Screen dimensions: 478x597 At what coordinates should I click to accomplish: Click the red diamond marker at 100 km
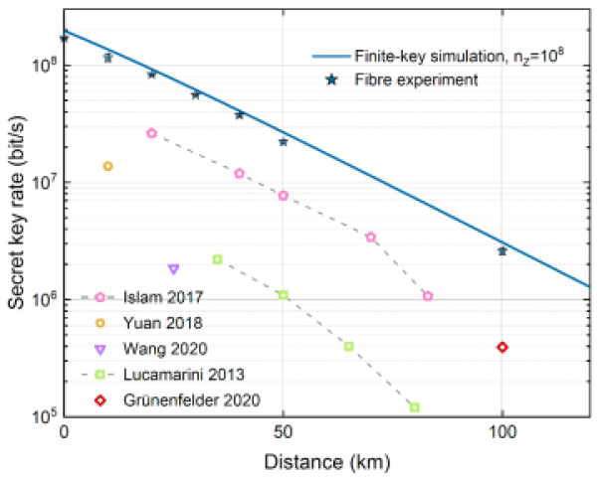[502, 347]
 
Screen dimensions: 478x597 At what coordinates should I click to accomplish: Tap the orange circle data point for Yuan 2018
[107, 166]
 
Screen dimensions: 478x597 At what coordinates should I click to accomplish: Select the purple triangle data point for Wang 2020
[173, 268]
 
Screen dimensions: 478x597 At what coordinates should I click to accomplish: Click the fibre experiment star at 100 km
[502, 250]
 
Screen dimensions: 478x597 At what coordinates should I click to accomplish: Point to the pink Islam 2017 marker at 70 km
[371, 237]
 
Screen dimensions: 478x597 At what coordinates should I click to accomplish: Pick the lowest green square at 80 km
[415, 407]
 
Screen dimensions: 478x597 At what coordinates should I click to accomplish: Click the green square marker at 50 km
[284, 295]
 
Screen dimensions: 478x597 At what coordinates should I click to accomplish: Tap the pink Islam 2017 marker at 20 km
[151, 133]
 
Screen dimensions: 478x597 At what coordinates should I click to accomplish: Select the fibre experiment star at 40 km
[239, 114]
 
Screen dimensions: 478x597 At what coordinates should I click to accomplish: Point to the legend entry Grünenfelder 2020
[174, 400]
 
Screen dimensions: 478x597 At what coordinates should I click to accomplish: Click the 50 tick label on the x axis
[284, 434]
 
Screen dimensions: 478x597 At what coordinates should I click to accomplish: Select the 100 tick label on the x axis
[502, 434]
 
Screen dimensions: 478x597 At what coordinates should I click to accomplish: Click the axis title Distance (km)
[328, 461]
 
